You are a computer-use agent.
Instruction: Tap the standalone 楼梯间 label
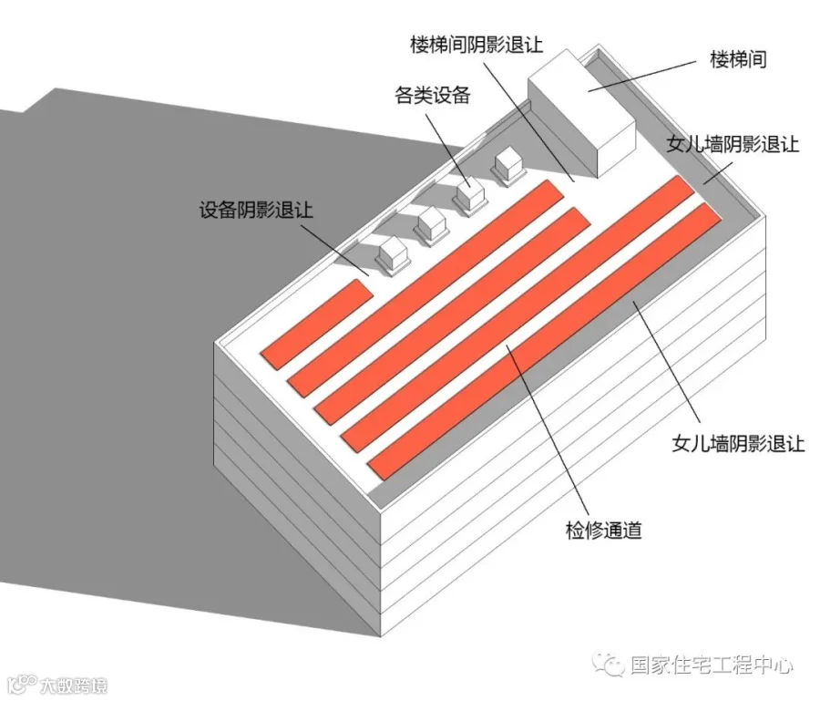coord(738,60)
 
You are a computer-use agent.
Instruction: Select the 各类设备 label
coord(432,95)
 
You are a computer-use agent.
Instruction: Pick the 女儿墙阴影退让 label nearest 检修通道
coord(738,445)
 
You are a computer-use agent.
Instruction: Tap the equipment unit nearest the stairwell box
coord(506,166)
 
